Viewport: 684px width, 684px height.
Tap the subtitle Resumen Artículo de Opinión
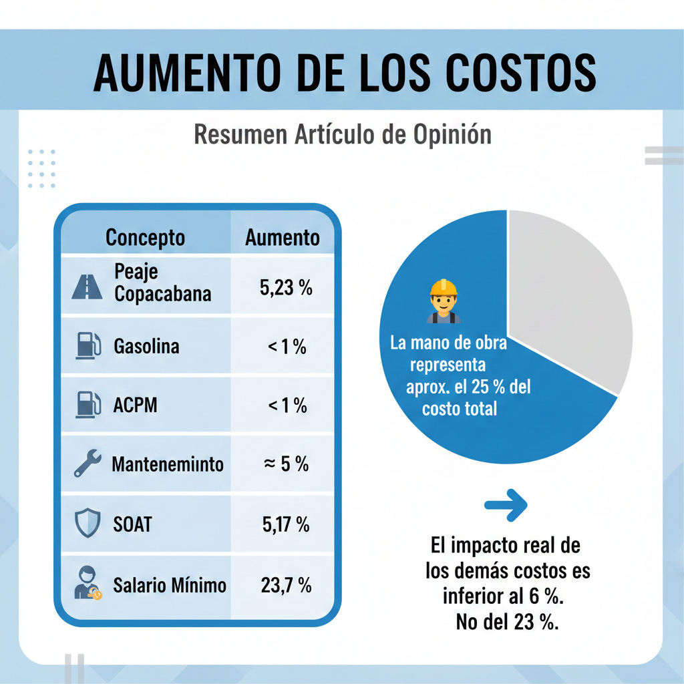point(342,134)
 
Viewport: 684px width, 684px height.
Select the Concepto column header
point(145,237)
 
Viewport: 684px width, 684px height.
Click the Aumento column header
point(282,238)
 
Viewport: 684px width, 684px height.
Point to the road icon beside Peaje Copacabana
point(87,286)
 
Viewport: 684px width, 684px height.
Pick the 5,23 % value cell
point(285,288)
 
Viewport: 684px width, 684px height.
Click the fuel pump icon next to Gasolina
point(88,346)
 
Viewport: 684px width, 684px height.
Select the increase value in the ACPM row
point(287,405)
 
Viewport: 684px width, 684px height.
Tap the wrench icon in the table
point(88,464)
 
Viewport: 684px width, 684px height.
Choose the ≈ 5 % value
point(286,464)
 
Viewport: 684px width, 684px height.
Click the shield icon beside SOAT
point(88,523)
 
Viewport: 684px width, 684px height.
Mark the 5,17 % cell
point(285,524)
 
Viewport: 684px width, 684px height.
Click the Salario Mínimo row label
point(170,586)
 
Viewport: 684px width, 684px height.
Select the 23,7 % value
point(286,586)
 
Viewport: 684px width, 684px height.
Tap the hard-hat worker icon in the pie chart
point(444,301)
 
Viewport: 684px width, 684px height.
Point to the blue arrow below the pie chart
point(506,506)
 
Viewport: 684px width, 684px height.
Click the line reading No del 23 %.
point(508,622)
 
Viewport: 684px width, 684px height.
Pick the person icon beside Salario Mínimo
point(88,582)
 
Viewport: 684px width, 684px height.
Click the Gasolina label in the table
point(146,347)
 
